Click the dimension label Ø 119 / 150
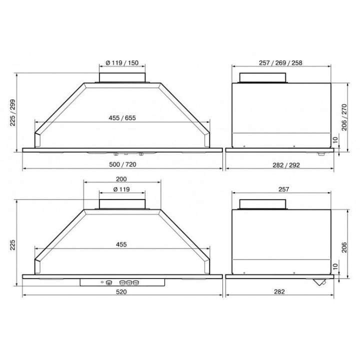(x=122, y=62)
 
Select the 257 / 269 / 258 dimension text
(x=280, y=62)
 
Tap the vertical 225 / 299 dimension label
(x=12, y=112)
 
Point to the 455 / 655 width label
(x=122, y=118)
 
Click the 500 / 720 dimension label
(x=122, y=164)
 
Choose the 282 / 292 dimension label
(x=286, y=165)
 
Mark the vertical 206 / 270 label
(x=344, y=117)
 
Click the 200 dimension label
(x=121, y=179)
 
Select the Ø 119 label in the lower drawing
(x=121, y=189)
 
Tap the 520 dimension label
(x=121, y=291)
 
